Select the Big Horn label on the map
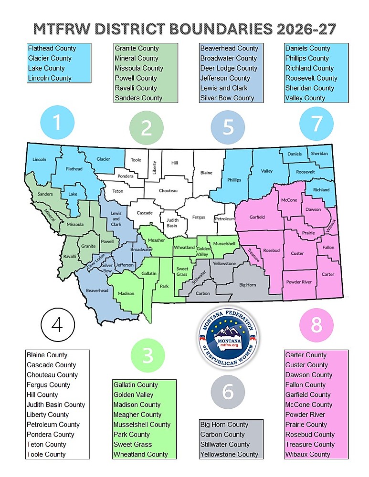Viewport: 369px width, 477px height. pyautogui.click(x=247, y=285)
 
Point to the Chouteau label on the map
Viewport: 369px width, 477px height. pyautogui.click(x=168, y=191)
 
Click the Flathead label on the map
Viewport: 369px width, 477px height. pyautogui.click(x=74, y=169)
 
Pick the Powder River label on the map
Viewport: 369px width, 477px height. pyautogui.click(x=299, y=282)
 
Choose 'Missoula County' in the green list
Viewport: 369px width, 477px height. pyautogui.click(x=139, y=68)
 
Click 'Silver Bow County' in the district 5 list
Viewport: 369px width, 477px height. pyautogui.click(x=227, y=98)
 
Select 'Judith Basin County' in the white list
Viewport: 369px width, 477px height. pyautogui.click(x=56, y=404)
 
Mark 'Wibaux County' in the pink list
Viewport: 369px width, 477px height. pyautogui.click(x=308, y=454)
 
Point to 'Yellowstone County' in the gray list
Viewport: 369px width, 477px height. pyautogui.click(x=229, y=454)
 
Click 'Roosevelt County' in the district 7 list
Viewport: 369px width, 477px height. pyautogui.click(x=311, y=78)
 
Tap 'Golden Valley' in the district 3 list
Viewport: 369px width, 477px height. pyautogui.click(x=133, y=394)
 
